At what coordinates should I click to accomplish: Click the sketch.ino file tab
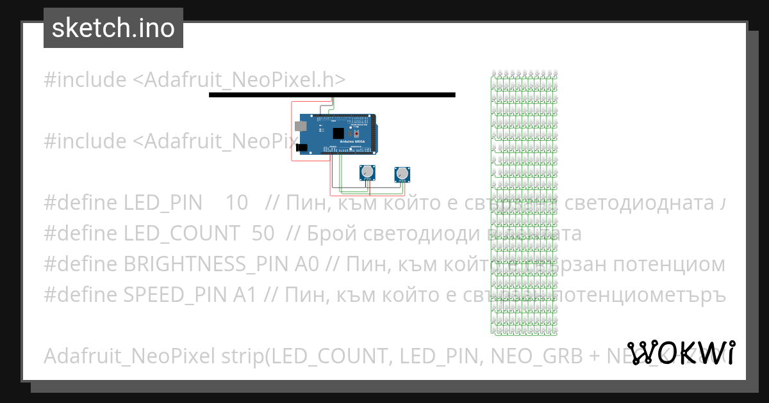pos(113,28)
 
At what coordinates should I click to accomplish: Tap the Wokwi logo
pos(681,352)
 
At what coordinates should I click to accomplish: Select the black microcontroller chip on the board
pos(337,132)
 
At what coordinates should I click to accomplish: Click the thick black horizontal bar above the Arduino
pos(332,95)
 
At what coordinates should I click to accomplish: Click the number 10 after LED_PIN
pos(236,203)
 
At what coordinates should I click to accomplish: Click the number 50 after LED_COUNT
pos(263,233)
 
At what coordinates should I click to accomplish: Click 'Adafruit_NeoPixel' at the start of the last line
pos(130,356)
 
